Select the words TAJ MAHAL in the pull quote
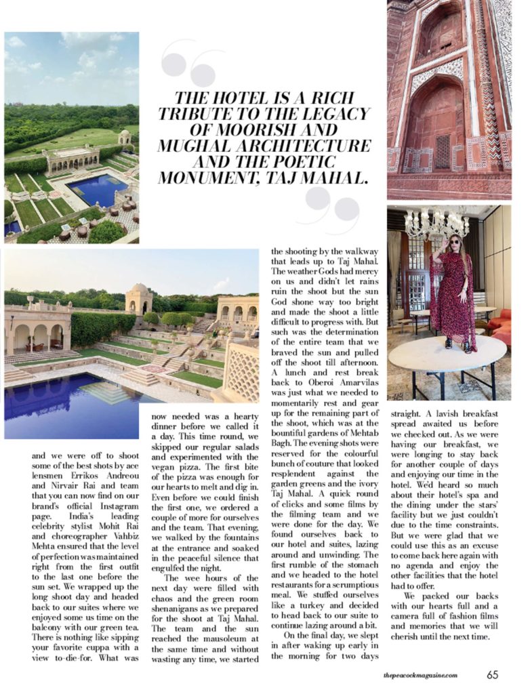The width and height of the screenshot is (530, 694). (323, 178)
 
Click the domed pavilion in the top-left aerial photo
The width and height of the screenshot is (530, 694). (124, 137)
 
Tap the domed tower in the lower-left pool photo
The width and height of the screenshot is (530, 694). (139, 298)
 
